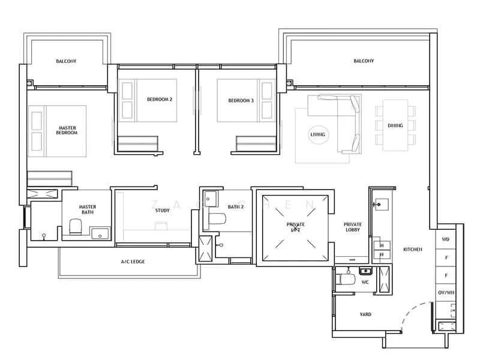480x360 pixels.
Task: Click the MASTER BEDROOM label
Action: click(67, 130)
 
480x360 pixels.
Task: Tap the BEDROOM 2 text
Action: click(160, 100)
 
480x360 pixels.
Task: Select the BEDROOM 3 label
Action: click(241, 100)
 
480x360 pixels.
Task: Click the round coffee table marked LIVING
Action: click(317, 134)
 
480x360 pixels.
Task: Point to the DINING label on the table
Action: click(395, 125)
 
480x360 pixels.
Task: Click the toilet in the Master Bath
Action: click(75, 227)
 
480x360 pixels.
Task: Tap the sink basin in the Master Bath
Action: click(100, 232)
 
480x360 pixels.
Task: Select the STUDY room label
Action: click(162, 210)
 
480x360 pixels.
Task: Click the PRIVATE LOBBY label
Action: click(352, 226)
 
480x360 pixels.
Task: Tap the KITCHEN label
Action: click(412, 248)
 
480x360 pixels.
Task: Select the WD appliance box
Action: click(445, 239)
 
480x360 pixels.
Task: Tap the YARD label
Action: click(365, 314)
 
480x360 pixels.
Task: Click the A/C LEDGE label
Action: click(133, 262)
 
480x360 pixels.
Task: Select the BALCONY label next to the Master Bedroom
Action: click(66, 61)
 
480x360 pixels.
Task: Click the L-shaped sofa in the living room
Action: click(348, 120)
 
